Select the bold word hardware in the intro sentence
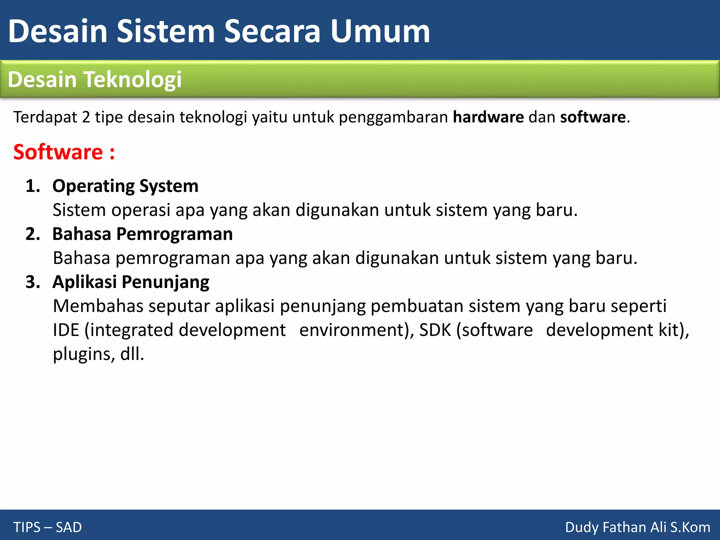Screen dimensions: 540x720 pyautogui.click(x=488, y=117)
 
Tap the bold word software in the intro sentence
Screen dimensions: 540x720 pyautogui.click(x=593, y=117)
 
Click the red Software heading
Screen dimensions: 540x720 pyautogui.click(x=64, y=152)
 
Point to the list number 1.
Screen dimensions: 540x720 pyautogui.click(x=33, y=186)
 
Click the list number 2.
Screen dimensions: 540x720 pyautogui.click(x=33, y=234)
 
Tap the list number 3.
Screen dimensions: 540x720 pyautogui.click(x=33, y=282)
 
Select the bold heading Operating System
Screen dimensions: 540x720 pyautogui.click(x=125, y=186)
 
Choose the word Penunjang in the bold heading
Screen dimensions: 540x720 pyautogui.click(x=165, y=282)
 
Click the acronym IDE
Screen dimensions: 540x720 pyautogui.click(x=66, y=330)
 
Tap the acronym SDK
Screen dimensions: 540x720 pyautogui.click(x=435, y=330)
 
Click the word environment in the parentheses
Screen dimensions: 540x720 pyautogui.click(x=353, y=330)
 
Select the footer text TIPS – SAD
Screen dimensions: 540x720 pyautogui.click(x=47, y=527)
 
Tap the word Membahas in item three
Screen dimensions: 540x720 pyautogui.click(x=98, y=306)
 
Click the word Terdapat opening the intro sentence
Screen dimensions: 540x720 pyautogui.click(x=45, y=117)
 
